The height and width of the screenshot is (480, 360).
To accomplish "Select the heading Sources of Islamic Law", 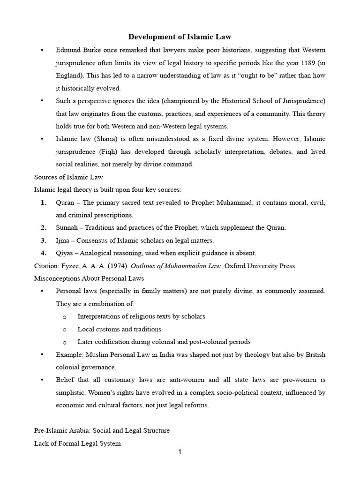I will click(x=68, y=177).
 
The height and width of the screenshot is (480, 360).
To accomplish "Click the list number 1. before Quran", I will click(x=44, y=202).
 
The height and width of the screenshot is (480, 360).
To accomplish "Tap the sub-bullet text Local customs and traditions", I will click(x=119, y=329).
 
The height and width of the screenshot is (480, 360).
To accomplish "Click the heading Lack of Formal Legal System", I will click(x=77, y=443).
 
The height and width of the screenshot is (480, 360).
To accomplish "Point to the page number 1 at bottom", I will click(x=180, y=452).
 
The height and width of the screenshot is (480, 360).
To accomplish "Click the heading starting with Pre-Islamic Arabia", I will click(x=102, y=430).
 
